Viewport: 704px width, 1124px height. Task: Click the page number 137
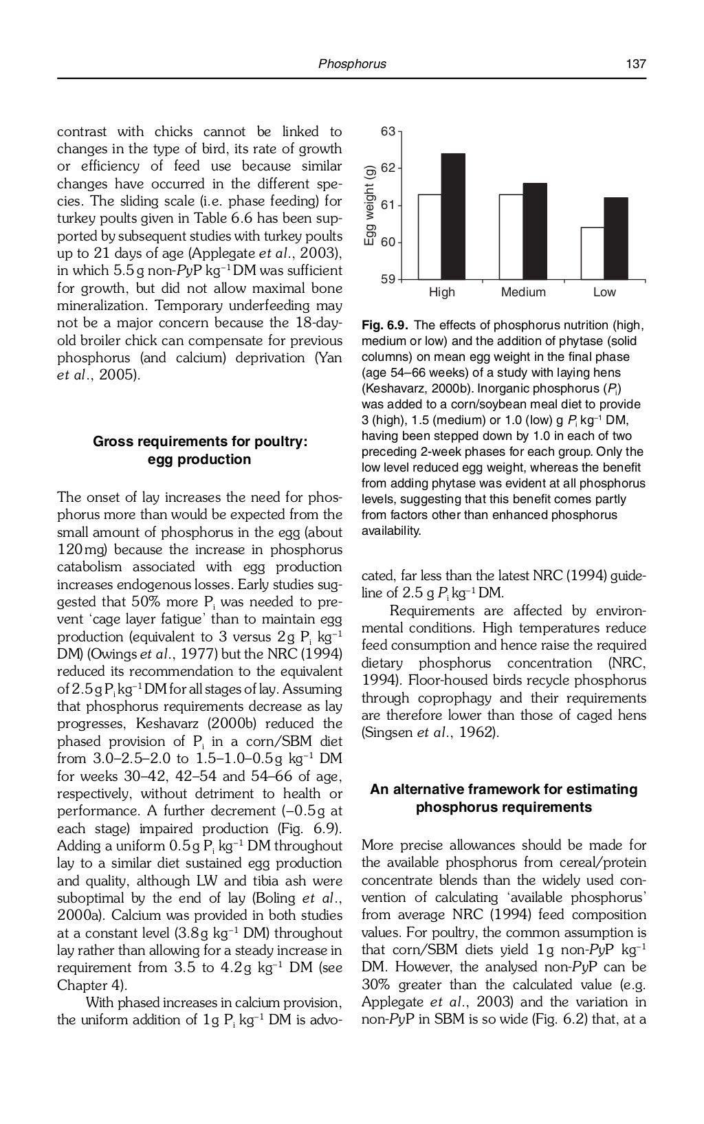635,64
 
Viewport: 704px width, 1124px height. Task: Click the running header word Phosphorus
352,64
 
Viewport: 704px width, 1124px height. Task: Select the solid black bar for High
452,217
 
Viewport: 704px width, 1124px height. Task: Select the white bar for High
430,237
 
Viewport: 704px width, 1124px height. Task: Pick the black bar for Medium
535,231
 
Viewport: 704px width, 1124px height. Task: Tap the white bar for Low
593,253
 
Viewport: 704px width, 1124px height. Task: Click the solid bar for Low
616,239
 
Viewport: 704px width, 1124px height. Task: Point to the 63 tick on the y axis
388,131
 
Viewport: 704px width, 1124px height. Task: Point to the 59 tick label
388,279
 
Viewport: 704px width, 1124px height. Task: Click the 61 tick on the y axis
388,205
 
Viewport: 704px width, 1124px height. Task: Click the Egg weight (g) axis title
369,205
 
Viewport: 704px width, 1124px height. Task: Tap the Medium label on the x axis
523,293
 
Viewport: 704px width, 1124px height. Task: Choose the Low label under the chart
604,293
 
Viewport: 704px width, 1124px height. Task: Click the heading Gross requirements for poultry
199,441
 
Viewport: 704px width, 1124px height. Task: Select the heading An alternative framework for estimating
503,789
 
